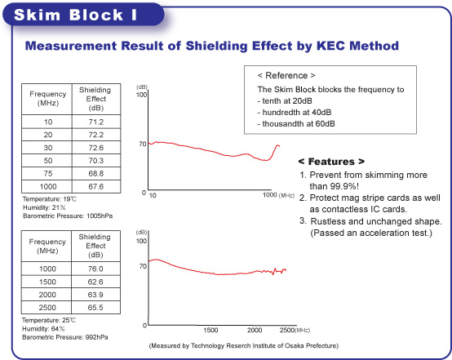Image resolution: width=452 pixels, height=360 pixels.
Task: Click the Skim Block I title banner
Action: click(x=83, y=15)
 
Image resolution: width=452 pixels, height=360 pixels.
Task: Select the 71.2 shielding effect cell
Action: click(x=96, y=122)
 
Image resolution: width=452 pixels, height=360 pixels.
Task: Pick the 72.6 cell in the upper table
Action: click(x=96, y=148)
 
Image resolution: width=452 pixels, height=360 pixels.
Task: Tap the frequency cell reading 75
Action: click(x=48, y=173)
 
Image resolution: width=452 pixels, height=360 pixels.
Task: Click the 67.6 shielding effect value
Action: click(x=96, y=186)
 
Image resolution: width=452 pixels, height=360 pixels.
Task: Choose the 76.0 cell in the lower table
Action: click(x=95, y=269)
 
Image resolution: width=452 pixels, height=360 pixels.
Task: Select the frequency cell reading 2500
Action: click(x=47, y=308)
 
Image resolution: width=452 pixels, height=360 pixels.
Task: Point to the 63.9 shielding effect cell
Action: click(x=95, y=295)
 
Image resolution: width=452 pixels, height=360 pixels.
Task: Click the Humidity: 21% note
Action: click(x=44, y=207)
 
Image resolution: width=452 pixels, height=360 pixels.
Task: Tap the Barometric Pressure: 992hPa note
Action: click(x=65, y=337)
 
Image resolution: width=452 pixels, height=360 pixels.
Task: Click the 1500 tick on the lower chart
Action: click(x=210, y=330)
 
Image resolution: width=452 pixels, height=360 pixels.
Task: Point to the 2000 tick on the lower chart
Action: click(x=255, y=330)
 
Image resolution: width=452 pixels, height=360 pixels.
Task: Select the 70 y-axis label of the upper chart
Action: click(x=143, y=144)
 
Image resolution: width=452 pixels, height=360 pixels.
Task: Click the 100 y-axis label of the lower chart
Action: click(x=141, y=241)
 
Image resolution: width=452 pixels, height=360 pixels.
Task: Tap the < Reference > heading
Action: click(x=286, y=76)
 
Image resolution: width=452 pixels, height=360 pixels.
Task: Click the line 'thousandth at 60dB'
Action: click(x=296, y=124)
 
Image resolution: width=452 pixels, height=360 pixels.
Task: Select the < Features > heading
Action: click(x=331, y=162)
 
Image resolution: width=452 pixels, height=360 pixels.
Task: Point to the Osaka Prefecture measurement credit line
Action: click(x=244, y=345)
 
